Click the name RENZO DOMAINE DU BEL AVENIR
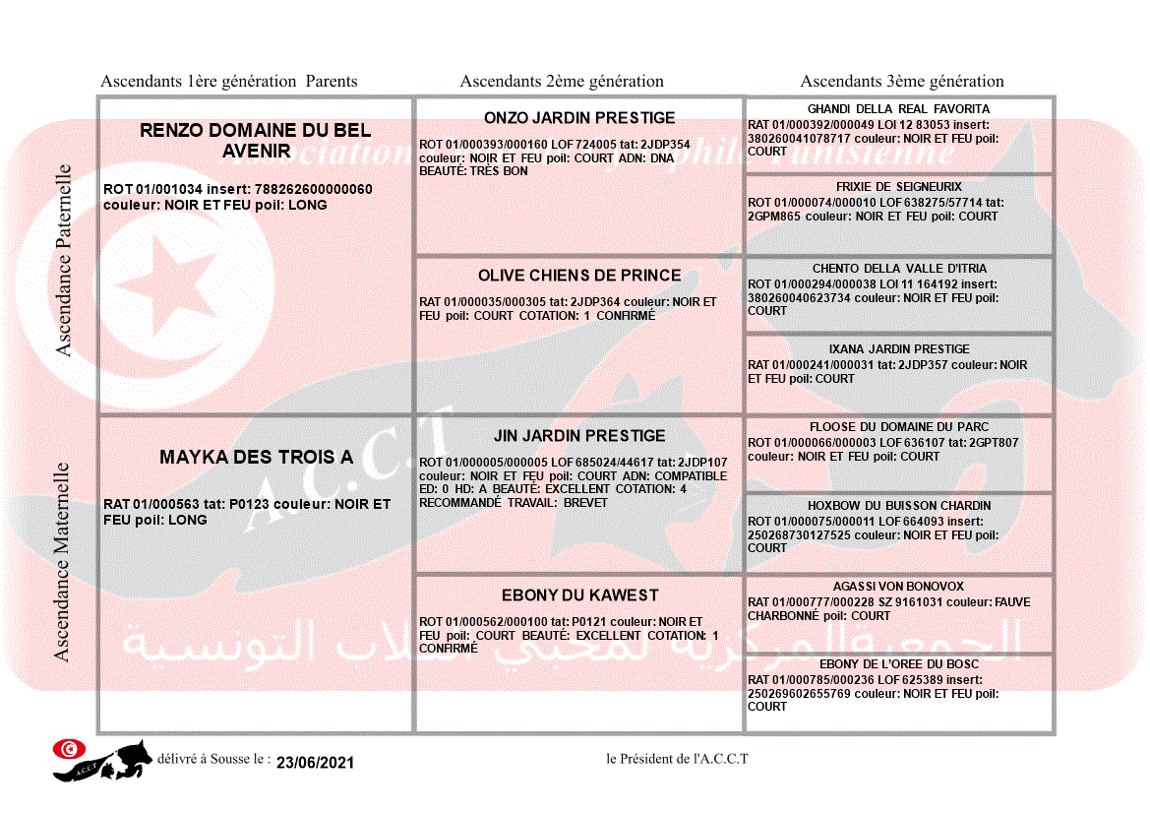coord(255,140)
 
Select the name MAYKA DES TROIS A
coord(256,457)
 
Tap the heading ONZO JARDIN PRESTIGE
coord(579,118)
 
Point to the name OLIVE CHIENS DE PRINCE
coord(579,276)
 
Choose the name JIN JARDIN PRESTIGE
coord(579,436)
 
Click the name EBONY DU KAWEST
coord(579,595)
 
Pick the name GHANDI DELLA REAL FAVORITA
coord(898,109)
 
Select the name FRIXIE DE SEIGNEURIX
coord(898,187)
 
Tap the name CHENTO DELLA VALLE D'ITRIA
coord(898,269)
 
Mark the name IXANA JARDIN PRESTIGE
coord(898,349)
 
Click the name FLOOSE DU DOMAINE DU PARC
coord(898,427)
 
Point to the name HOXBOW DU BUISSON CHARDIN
coord(898,506)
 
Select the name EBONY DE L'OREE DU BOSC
coord(898,664)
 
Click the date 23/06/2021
coord(315,763)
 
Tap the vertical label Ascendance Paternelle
coord(64,260)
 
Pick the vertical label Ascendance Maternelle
coord(62,562)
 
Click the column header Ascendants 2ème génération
coord(562,82)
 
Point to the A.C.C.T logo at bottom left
coord(102,760)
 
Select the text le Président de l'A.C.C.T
coord(677,759)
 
